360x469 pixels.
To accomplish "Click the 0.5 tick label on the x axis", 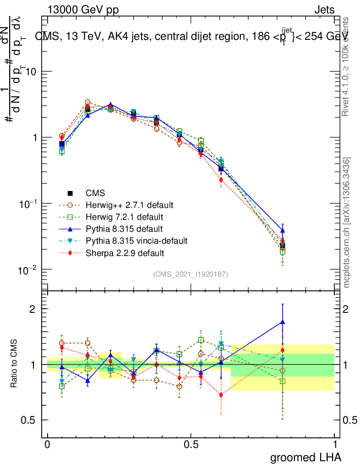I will [x=191, y=445].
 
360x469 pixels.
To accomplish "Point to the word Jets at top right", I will [x=324, y=10].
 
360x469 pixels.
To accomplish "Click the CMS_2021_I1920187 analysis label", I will [x=191, y=274].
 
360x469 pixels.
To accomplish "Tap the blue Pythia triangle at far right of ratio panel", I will [x=283, y=322].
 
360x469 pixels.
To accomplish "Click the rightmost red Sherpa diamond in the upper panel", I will [x=283, y=240].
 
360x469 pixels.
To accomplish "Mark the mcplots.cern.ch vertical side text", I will [x=347, y=223].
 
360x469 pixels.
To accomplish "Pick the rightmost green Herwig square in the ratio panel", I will [x=283, y=381].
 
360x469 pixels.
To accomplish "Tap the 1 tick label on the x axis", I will [x=335, y=445].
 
